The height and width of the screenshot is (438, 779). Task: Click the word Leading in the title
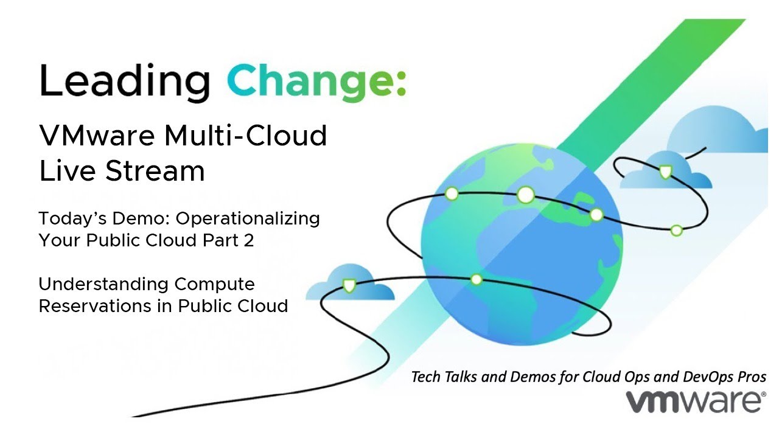coord(124,82)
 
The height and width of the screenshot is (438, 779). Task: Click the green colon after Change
coord(401,84)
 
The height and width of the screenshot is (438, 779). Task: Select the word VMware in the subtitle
coord(97,135)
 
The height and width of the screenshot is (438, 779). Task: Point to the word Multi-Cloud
coord(245,135)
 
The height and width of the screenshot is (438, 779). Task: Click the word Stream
coord(155,171)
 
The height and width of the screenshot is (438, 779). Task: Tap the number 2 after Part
coord(249,240)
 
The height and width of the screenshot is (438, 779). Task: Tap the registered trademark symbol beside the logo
coord(763,395)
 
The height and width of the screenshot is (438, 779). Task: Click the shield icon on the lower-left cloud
coord(349,285)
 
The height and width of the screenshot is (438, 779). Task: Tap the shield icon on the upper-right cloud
coord(666,172)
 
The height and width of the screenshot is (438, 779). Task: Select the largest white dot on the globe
coord(525,195)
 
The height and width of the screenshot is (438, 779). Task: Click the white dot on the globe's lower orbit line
coord(476,279)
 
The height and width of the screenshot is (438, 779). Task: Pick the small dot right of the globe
coord(676,231)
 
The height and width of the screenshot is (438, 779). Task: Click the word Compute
coord(215,284)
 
